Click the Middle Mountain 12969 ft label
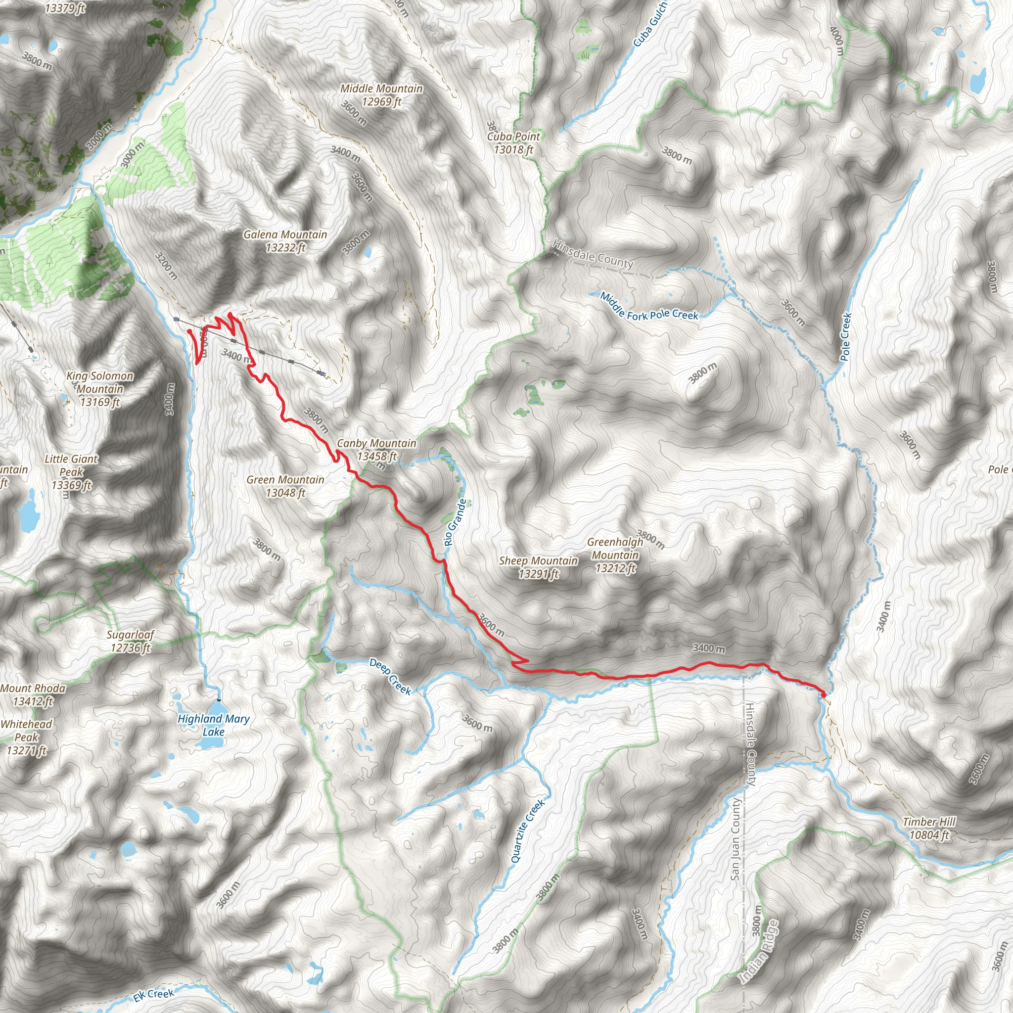(381, 95)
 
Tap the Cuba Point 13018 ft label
(513, 142)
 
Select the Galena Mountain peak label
(285, 241)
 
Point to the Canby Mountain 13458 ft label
(376, 449)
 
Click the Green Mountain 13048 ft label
(285, 486)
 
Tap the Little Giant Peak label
(71, 472)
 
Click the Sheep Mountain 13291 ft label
(539, 567)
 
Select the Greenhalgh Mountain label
(615, 555)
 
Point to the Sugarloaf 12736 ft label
(131, 641)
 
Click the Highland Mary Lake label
(213, 725)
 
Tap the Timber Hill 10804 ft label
(929, 829)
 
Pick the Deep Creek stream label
(391, 676)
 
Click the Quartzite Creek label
(528, 831)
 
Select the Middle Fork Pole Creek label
(649, 307)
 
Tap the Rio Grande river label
(455, 523)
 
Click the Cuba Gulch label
(649, 24)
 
